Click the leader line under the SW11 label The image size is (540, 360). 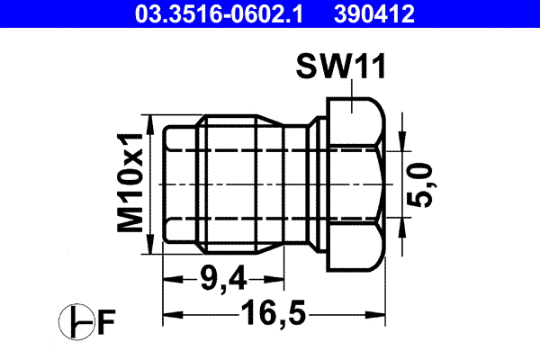[354, 90]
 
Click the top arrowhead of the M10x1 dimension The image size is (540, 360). [155, 121]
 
